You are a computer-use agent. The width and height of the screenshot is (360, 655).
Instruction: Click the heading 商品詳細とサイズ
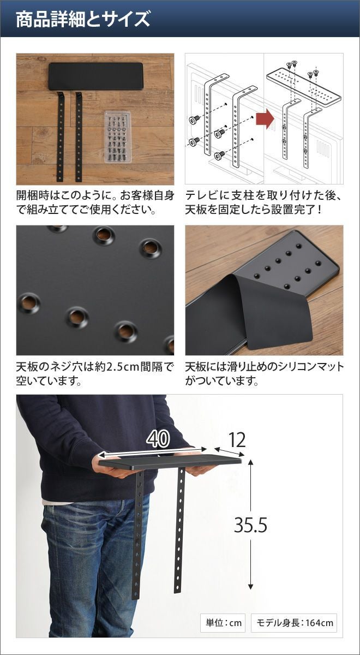[83, 19]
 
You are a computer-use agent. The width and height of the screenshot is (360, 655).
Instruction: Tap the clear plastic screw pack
[118, 136]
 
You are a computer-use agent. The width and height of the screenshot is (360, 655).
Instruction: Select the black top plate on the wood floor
[96, 76]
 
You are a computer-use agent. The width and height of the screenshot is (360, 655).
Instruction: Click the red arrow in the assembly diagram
[265, 118]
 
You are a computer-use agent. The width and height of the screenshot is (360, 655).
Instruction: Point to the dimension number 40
[158, 439]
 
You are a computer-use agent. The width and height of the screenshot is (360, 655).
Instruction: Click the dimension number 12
[237, 440]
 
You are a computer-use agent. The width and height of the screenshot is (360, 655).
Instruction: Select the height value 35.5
[251, 525]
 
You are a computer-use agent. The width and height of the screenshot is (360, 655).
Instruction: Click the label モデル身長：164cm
[295, 623]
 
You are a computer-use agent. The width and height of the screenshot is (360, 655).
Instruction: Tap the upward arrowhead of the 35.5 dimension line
[251, 462]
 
